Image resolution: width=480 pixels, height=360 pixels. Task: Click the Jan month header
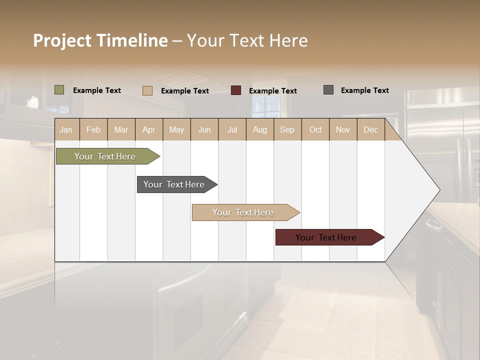click(x=66, y=130)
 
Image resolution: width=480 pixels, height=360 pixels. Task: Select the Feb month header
click(x=93, y=130)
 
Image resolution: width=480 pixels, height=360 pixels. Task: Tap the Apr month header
click(x=148, y=130)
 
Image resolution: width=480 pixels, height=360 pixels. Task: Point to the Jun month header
click(x=204, y=130)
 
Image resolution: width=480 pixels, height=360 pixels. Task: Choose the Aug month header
click(x=259, y=130)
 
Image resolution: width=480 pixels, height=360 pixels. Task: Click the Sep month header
click(x=287, y=130)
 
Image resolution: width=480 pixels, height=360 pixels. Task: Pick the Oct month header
click(x=315, y=130)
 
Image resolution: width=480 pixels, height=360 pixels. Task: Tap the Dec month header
click(x=370, y=130)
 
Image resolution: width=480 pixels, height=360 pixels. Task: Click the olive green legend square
click(x=59, y=90)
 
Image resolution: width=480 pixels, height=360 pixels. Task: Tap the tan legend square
click(x=147, y=90)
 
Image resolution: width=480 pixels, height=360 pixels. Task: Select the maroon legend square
click(x=236, y=90)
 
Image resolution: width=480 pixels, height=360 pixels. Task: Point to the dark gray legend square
click(x=328, y=90)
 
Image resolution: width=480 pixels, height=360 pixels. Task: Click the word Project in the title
click(x=62, y=40)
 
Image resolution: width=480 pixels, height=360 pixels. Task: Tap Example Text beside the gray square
click(x=364, y=90)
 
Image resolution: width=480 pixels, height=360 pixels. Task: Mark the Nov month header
click(x=343, y=130)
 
